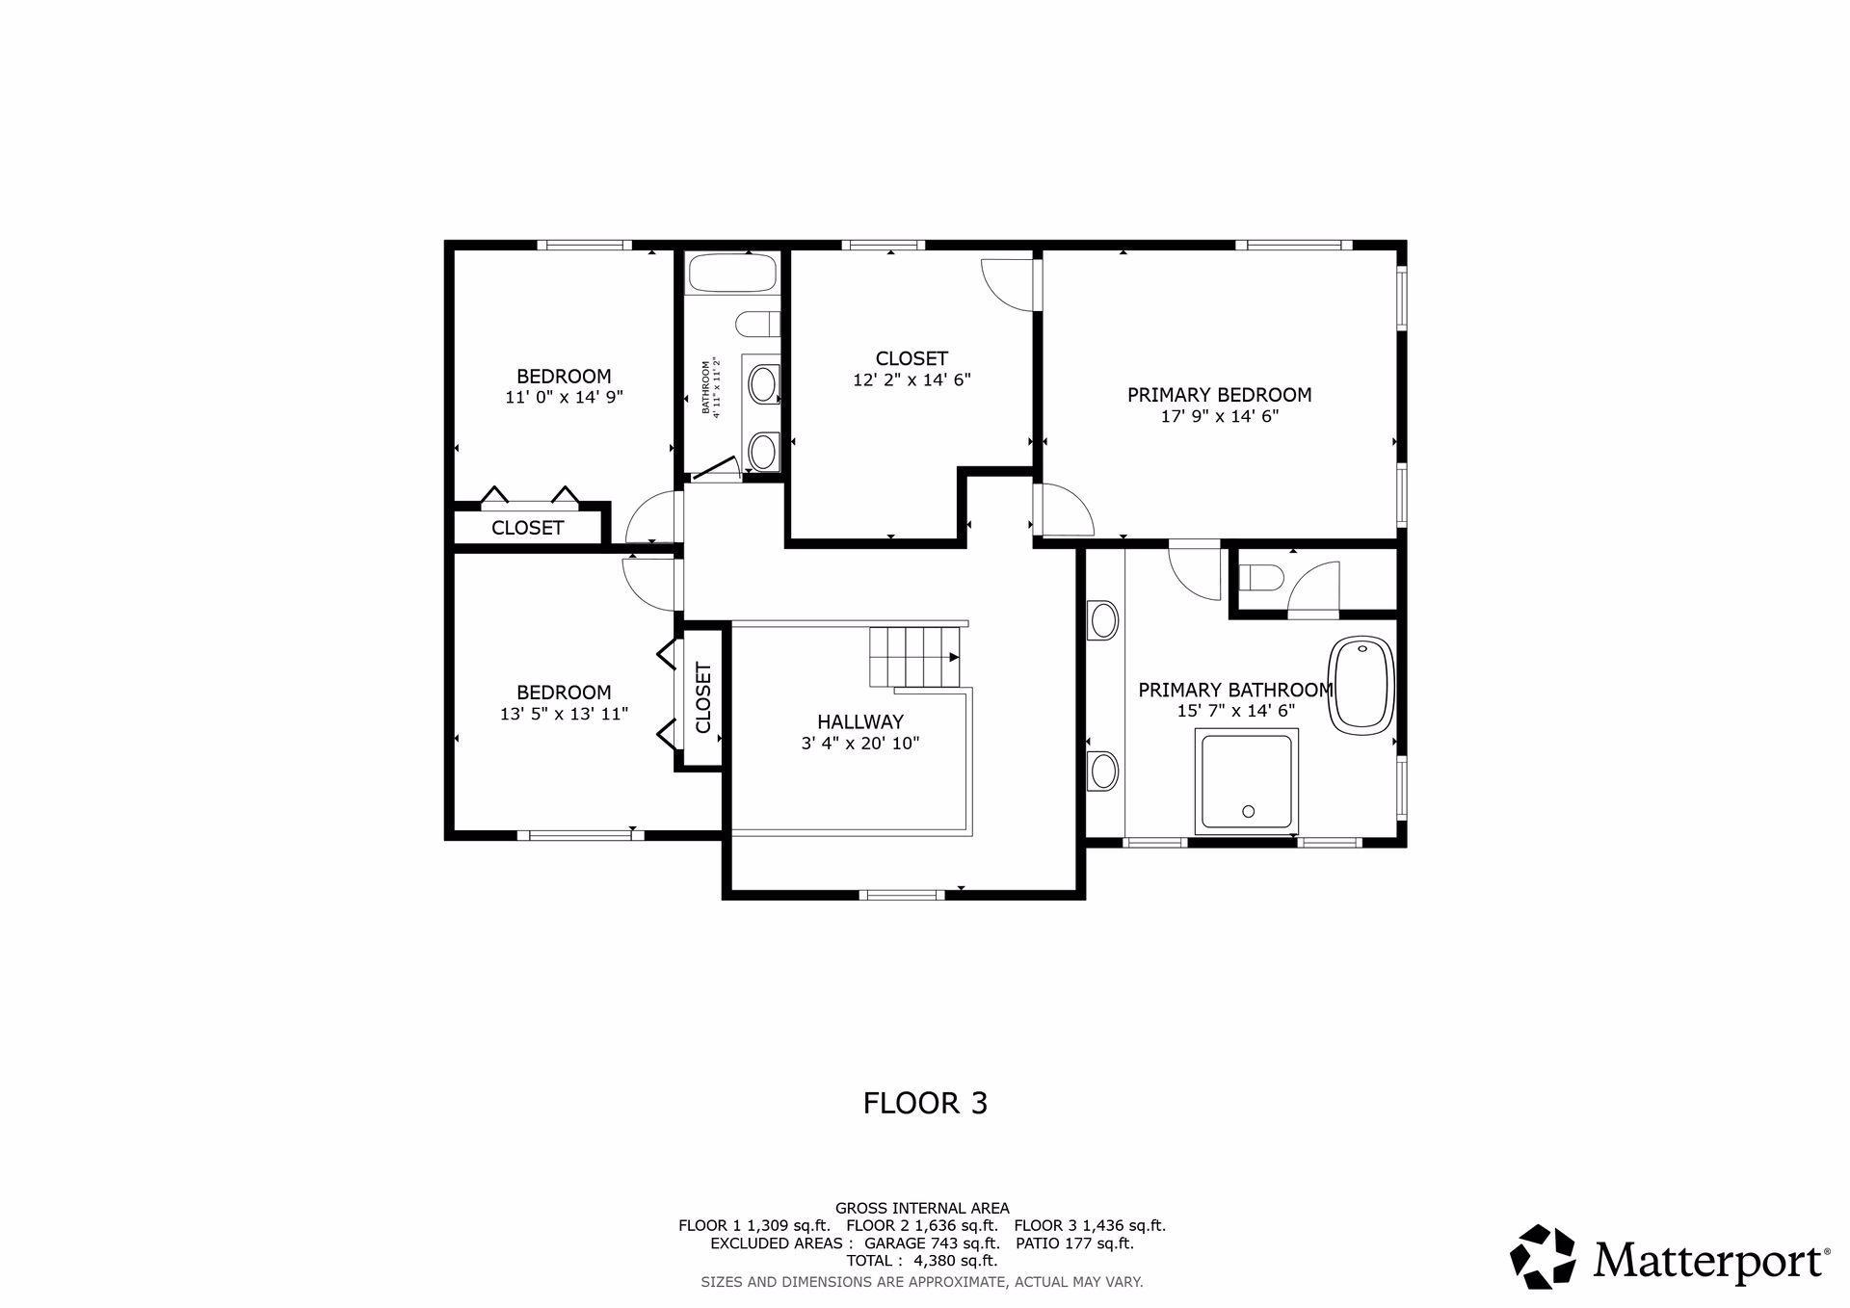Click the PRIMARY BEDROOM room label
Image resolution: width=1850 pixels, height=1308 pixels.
(1219, 395)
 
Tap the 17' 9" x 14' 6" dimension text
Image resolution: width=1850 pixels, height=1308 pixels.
(1219, 417)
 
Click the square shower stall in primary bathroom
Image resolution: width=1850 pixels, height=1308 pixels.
(1247, 781)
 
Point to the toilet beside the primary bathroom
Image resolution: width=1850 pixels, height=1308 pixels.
(1257, 578)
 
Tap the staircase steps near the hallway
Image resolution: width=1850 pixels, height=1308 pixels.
(915, 657)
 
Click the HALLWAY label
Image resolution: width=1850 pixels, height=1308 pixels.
(860, 722)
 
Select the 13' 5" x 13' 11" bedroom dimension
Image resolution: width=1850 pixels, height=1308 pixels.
(564, 715)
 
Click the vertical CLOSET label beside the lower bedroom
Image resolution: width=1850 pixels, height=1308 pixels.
(702, 697)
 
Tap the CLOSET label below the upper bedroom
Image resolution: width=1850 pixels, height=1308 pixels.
(527, 528)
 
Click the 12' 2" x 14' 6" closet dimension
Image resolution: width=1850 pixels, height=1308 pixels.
(912, 380)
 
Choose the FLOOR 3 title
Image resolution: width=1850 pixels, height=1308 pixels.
(925, 1103)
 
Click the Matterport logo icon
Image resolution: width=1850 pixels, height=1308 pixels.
(1543, 1256)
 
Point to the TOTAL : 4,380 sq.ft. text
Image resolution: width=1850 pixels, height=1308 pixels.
(921, 1261)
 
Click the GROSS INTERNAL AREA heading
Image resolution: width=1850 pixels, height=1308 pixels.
(922, 1208)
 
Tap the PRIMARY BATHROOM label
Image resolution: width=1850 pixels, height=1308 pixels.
(1235, 691)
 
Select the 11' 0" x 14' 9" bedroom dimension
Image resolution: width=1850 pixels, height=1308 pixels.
(564, 397)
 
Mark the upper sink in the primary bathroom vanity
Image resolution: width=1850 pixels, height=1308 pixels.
(1103, 620)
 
